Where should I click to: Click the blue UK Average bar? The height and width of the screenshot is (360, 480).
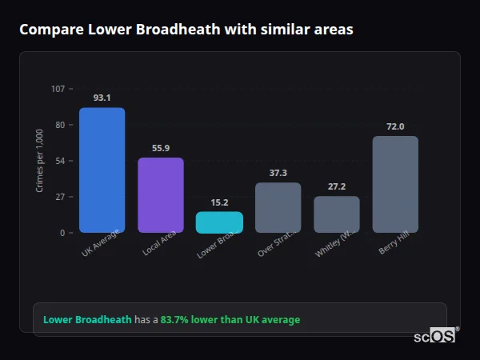point(102,170)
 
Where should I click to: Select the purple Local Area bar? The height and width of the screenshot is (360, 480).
point(160,195)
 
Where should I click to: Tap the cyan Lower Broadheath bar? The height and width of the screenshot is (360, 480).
point(219,222)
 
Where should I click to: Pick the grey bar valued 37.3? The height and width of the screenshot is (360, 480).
point(278,208)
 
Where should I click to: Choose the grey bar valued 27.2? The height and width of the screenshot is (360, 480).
point(336,214)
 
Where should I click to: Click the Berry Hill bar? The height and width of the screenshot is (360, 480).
point(395,185)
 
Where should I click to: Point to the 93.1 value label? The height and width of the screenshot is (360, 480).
point(102,98)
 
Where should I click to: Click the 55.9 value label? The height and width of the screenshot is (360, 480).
point(160,148)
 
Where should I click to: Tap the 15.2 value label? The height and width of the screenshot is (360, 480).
point(219,202)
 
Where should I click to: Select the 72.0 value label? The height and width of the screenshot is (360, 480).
point(395,126)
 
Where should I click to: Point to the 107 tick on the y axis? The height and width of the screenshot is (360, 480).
point(58,89)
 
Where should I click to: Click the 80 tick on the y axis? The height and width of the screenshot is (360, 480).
point(60,125)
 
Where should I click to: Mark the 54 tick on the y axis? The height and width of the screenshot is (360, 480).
point(60,161)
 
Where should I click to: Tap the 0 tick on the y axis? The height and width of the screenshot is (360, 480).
point(62,233)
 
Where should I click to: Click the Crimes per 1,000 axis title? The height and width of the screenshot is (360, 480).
point(40,160)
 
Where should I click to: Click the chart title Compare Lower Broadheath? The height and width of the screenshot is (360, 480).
point(186,30)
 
